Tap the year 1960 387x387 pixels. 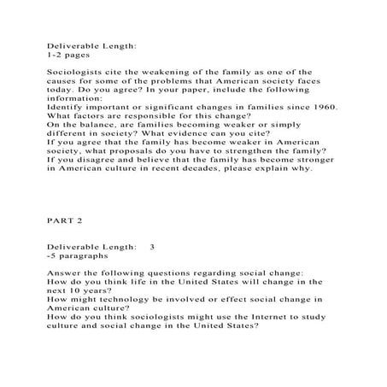[x=321, y=107]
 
